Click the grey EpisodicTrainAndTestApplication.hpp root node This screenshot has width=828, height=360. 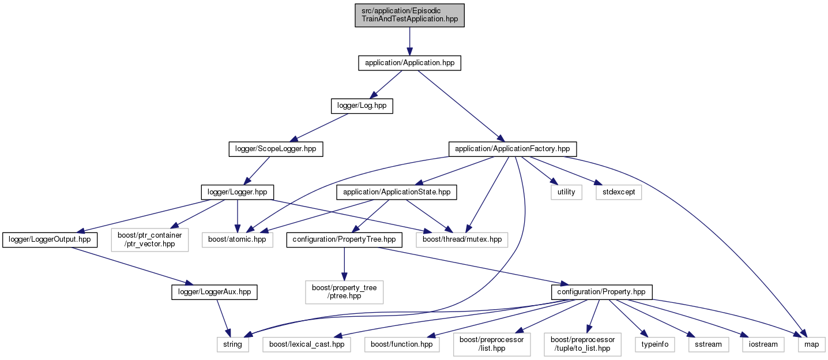(x=409, y=15)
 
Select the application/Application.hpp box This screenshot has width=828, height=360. (x=409, y=63)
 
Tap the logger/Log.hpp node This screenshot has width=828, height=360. (x=362, y=106)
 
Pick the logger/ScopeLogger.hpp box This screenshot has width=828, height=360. (x=276, y=149)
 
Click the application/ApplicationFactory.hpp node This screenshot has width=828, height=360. (x=513, y=149)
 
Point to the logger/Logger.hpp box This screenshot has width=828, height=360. (x=238, y=192)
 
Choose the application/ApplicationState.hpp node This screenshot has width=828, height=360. (x=397, y=192)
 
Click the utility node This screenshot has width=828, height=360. (x=566, y=192)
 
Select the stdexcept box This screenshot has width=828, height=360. (x=619, y=192)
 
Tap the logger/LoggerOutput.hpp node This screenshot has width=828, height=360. (x=50, y=240)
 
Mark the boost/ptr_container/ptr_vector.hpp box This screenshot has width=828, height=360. (x=150, y=240)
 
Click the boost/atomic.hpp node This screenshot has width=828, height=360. (x=238, y=240)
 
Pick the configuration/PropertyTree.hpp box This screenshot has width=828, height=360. (x=344, y=240)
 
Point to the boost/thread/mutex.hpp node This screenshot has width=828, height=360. (x=462, y=240)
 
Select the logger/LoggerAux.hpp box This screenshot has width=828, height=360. (x=214, y=292)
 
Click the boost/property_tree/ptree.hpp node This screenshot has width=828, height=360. (x=344, y=292)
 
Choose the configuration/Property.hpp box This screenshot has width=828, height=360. (x=601, y=292)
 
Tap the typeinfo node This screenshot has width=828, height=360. (x=655, y=345)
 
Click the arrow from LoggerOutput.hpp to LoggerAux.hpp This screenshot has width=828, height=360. (x=133, y=266)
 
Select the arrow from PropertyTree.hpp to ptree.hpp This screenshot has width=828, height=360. (x=344, y=264)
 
